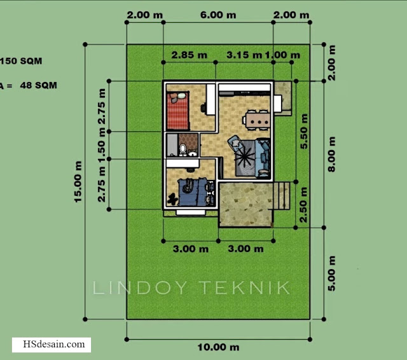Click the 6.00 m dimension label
(218, 15)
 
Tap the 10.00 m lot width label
(218, 347)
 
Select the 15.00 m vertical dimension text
(78, 182)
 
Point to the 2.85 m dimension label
(190, 55)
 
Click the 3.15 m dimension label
(244, 55)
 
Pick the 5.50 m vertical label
(304, 131)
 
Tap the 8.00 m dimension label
(331, 154)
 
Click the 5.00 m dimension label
(331, 273)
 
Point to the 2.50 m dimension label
(303, 205)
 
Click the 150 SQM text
(21, 61)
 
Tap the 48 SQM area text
(38, 85)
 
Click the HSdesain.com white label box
(52, 345)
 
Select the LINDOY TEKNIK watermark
(191, 287)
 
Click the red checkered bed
(177, 110)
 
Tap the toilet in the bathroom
(183, 149)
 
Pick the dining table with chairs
(257, 120)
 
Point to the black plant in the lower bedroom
(172, 200)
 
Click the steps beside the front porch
(282, 196)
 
